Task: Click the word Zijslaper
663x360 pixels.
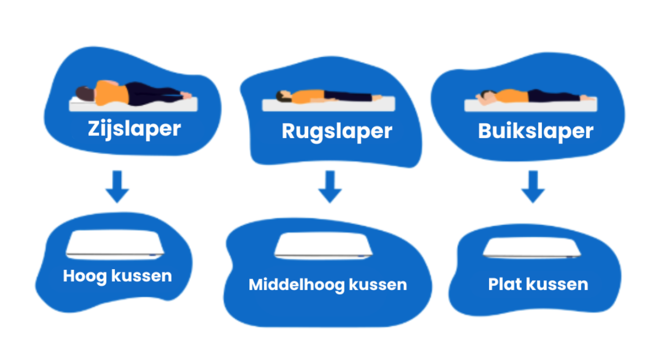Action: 134,129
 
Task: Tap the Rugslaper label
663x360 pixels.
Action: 337,132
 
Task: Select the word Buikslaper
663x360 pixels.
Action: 535,132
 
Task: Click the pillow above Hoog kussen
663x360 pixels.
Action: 116,245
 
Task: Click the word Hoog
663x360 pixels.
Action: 85,276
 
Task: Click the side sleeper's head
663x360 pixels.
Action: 84,93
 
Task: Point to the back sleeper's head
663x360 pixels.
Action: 282,97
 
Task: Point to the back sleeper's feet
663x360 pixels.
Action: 377,97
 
